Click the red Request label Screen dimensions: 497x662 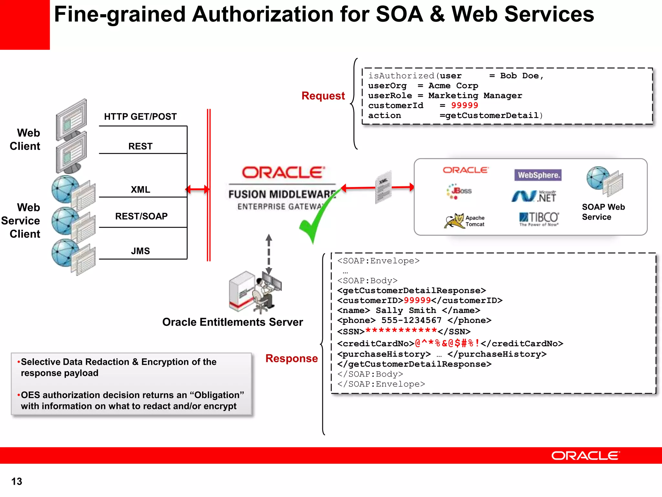pyautogui.click(x=323, y=96)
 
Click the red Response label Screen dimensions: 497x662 pyautogui.click(x=292, y=358)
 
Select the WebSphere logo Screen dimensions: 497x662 pyautogui.click(x=538, y=175)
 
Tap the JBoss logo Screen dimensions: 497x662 pyautogui.click(x=459, y=191)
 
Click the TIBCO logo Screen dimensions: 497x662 pyautogui.click(x=539, y=219)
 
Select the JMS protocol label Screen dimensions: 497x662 pyautogui.click(x=140, y=251)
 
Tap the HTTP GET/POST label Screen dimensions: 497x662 pyautogui.click(x=140, y=116)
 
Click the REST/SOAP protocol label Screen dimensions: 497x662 pyautogui.click(x=141, y=216)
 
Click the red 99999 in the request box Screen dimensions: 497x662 pyautogui.click(x=464, y=105)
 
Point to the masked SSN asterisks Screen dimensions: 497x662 pyautogui.click(x=401, y=331)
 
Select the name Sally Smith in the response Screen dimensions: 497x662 pyautogui.click(x=406, y=311)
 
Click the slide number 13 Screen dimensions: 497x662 pyautogui.click(x=17, y=481)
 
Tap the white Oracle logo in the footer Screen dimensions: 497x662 pyautogui.click(x=585, y=456)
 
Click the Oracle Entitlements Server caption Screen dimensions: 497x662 pyautogui.click(x=232, y=322)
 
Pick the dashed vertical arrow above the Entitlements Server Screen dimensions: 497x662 pyautogui.click(x=269, y=254)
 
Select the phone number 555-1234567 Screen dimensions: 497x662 pyautogui.click(x=411, y=320)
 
